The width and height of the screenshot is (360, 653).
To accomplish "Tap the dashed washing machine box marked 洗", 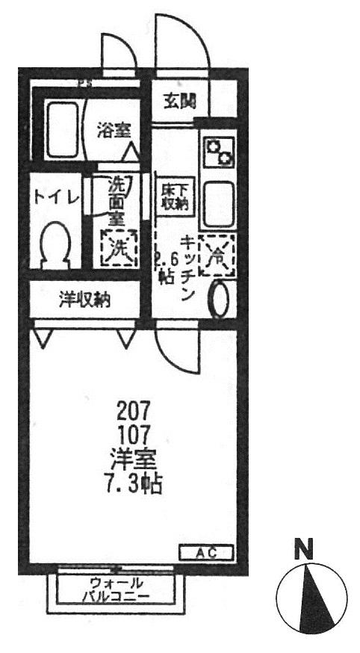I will (119, 247).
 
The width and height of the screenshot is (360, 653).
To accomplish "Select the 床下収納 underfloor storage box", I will (174, 196).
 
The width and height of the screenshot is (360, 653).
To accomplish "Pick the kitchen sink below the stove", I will (219, 203).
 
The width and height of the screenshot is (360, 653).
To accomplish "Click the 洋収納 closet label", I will (85, 301).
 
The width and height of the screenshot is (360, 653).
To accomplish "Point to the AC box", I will (205, 554).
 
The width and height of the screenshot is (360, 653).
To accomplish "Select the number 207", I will (134, 410).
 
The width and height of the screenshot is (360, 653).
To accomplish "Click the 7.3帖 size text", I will (134, 484).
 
